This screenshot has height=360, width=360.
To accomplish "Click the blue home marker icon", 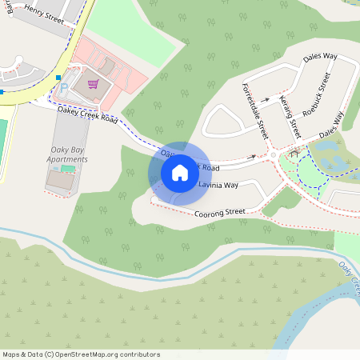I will click(x=180, y=172).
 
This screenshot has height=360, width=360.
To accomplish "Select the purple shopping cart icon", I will click(x=93, y=82).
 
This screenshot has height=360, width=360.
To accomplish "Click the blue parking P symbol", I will click(x=65, y=86).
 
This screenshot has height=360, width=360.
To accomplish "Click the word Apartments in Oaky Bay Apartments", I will click(x=68, y=159).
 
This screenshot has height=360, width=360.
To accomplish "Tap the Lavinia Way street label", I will click(x=218, y=185).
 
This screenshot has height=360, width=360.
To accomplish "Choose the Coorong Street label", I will click(x=219, y=213).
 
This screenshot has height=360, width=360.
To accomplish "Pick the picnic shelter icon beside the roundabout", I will click(x=295, y=150).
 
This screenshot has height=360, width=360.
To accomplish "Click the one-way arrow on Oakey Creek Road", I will click(x=253, y=158).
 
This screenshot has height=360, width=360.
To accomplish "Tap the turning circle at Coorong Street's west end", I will click(x=154, y=199).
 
